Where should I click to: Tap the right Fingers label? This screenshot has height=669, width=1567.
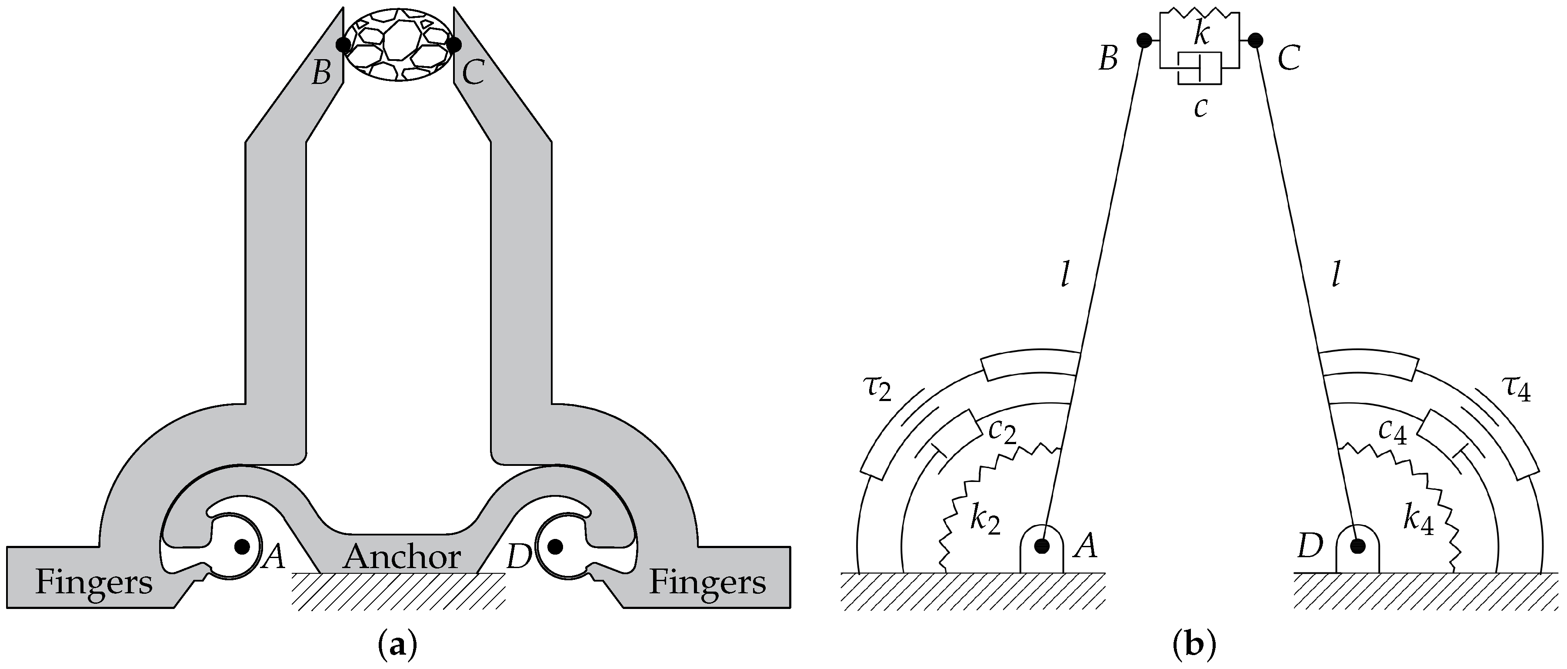click(707, 582)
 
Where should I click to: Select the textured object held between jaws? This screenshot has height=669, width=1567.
click(398, 44)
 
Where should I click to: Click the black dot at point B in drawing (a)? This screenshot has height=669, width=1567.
click(343, 44)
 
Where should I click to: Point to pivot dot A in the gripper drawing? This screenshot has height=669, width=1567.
click(242, 546)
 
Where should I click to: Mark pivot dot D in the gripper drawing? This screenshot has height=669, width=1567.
click(554, 546)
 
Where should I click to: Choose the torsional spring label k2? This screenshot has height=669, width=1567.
click(985, 521)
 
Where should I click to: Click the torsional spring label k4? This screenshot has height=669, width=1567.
click(1419, 521)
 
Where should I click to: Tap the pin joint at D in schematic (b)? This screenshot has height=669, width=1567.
click(1357, 545)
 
